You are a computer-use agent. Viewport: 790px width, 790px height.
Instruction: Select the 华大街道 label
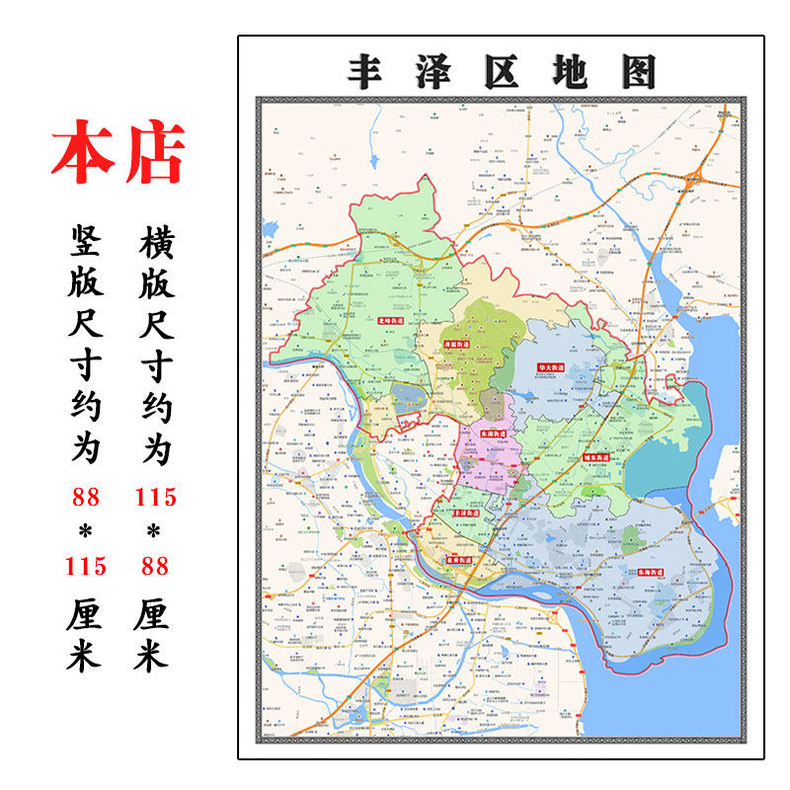tap(550, 367)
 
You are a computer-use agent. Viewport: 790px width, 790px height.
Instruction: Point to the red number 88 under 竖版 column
tap(87, 497)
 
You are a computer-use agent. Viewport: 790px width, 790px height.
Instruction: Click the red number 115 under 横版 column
tap(155, 497)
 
